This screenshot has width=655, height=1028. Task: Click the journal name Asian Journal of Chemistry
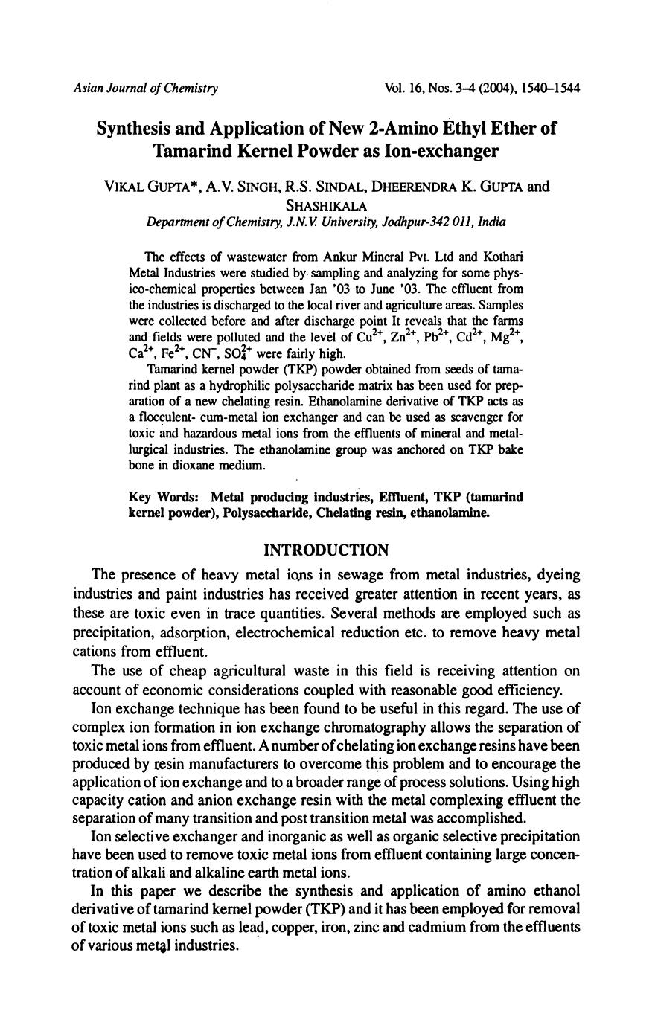145,89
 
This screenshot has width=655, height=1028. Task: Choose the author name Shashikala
327,205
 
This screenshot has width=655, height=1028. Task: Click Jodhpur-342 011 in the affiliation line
421,222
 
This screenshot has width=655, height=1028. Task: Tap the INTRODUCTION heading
327,550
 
